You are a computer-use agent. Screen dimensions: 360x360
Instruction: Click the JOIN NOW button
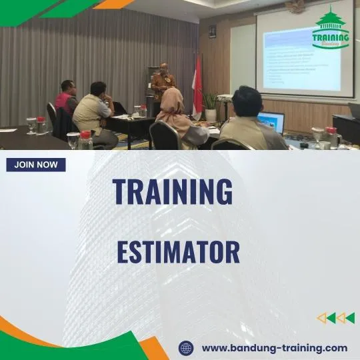tap(36, 165)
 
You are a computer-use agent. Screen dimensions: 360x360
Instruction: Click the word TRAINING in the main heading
tap(173, 192)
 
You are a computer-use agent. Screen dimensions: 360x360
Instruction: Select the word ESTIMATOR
tap(178, 253)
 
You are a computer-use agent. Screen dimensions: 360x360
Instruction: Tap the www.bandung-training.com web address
tap(274, 348)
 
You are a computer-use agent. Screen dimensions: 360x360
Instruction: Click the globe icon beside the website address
tap(187, 348)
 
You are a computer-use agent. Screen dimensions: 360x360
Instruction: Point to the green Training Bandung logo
tap(331, 29)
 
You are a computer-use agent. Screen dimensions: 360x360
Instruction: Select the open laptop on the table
tap(271, 123)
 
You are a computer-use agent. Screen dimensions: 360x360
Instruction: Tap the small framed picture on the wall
tap(212, 31)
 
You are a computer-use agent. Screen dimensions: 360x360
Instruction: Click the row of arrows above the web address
tap(335, 318)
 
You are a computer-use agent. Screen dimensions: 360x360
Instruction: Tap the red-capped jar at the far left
tap(41, 125)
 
